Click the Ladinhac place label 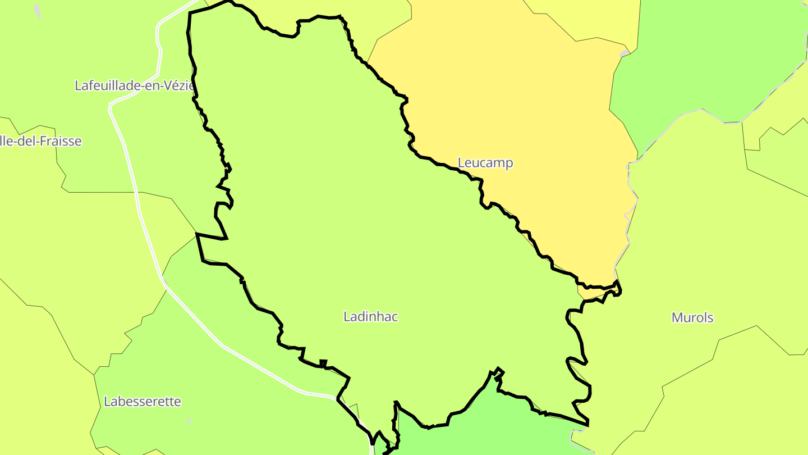370,317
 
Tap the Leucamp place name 485,163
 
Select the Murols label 692,318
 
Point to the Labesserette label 143,402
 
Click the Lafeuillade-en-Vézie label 135,85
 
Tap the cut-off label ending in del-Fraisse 40,141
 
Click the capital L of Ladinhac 347,317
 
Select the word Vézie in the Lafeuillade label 180,85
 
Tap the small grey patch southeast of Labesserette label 189,421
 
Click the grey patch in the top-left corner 38,11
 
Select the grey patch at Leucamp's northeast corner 625,53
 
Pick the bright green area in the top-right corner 713,56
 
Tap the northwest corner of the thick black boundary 190,13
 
